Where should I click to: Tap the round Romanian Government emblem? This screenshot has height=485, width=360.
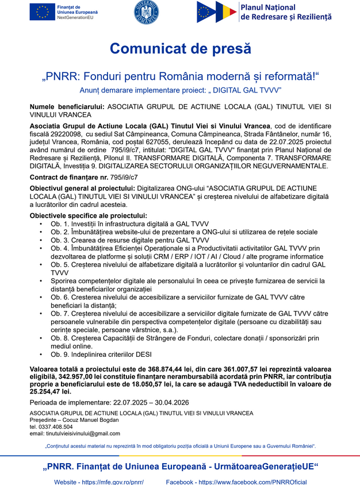[x=146, y=12]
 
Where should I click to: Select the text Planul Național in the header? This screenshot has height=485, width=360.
[x=268, y=7]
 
